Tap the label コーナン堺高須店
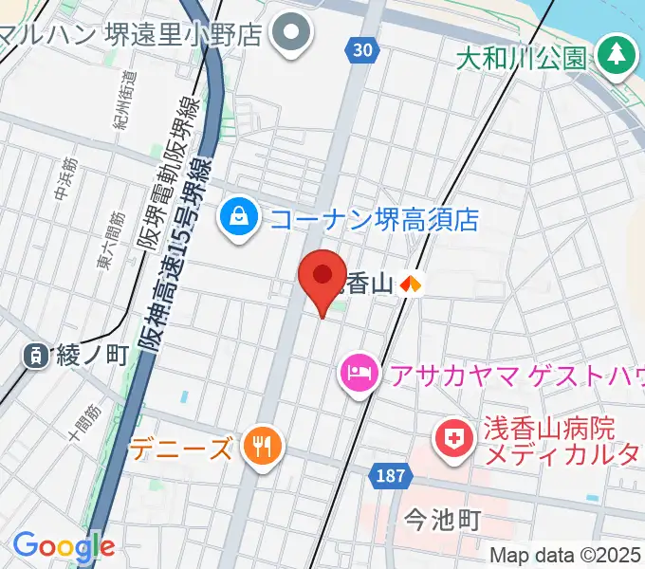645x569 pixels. pyautogui.click(x=375, y=220)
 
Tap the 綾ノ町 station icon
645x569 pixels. pyautogui.click(x=35, y=356)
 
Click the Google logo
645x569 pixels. pyautogui.click(x=64, y=546)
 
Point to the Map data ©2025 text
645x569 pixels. pyautogui.click(x=565, y=555)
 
